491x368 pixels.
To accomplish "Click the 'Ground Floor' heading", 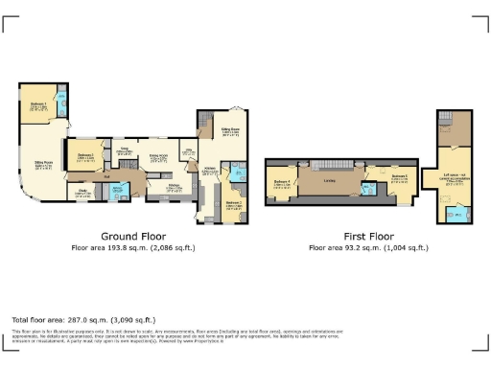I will pyautogui.click(x=133, y=236).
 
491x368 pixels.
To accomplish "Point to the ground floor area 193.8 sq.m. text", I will pyautogui.click(x=133, y=247).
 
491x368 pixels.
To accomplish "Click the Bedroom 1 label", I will pyautogui.click(x=37, y=105).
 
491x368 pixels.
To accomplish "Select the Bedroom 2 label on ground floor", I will pyautogui.click(x=84, y=156).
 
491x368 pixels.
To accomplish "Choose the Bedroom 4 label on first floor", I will pyautogui.click(x=282, y=183).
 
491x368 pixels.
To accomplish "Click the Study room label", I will pyautogui.click(x=82, y=192).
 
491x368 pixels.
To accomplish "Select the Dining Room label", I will pyautogui.click(x=158, y=156).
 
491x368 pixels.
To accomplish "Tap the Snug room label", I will pyautogui.click(x=125, y=151).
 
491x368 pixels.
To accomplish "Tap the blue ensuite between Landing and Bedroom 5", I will pyautogui.click(x=371, y=188).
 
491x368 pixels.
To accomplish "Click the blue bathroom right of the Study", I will pyautogui.click(x=119, y=191).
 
